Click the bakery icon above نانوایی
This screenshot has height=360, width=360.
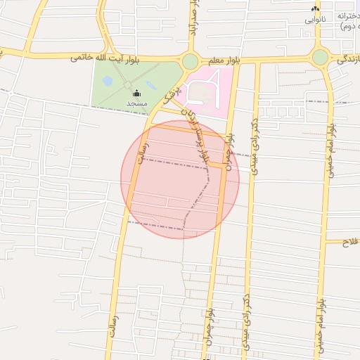coord(315,8)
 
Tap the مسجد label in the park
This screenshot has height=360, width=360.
coord(136,103)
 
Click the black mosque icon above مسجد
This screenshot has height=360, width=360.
coord(136,93)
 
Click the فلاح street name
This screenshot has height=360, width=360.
coord(350,242)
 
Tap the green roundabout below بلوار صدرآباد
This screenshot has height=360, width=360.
coord(190,62)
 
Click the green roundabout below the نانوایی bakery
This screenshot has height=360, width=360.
coord(320,57)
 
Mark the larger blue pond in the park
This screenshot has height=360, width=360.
coord(108,81)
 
